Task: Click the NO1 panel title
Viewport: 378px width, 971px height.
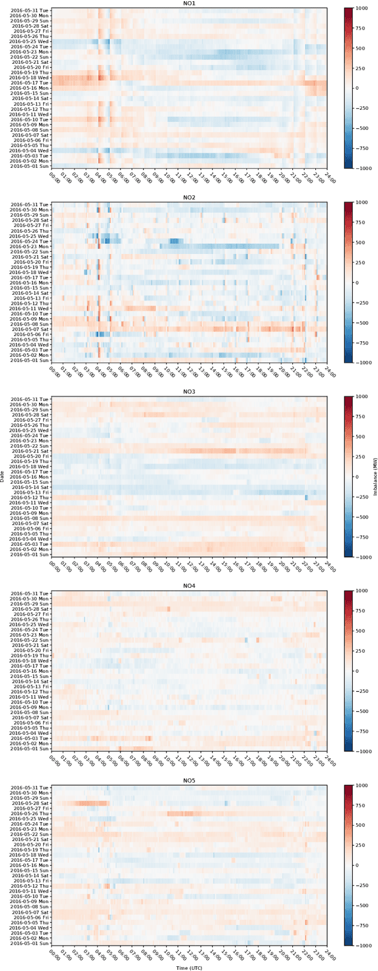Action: click(x=189, y=4)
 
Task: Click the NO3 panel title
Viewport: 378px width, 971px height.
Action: click(x=189, y=392)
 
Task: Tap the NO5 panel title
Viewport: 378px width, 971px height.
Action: click(x=189, y=781)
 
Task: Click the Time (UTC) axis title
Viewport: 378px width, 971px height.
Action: click(x=189, y=967)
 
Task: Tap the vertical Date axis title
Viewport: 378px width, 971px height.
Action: click(x=4, y=476)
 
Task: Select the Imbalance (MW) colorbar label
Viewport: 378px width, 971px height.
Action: click(x=374, y=476)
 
